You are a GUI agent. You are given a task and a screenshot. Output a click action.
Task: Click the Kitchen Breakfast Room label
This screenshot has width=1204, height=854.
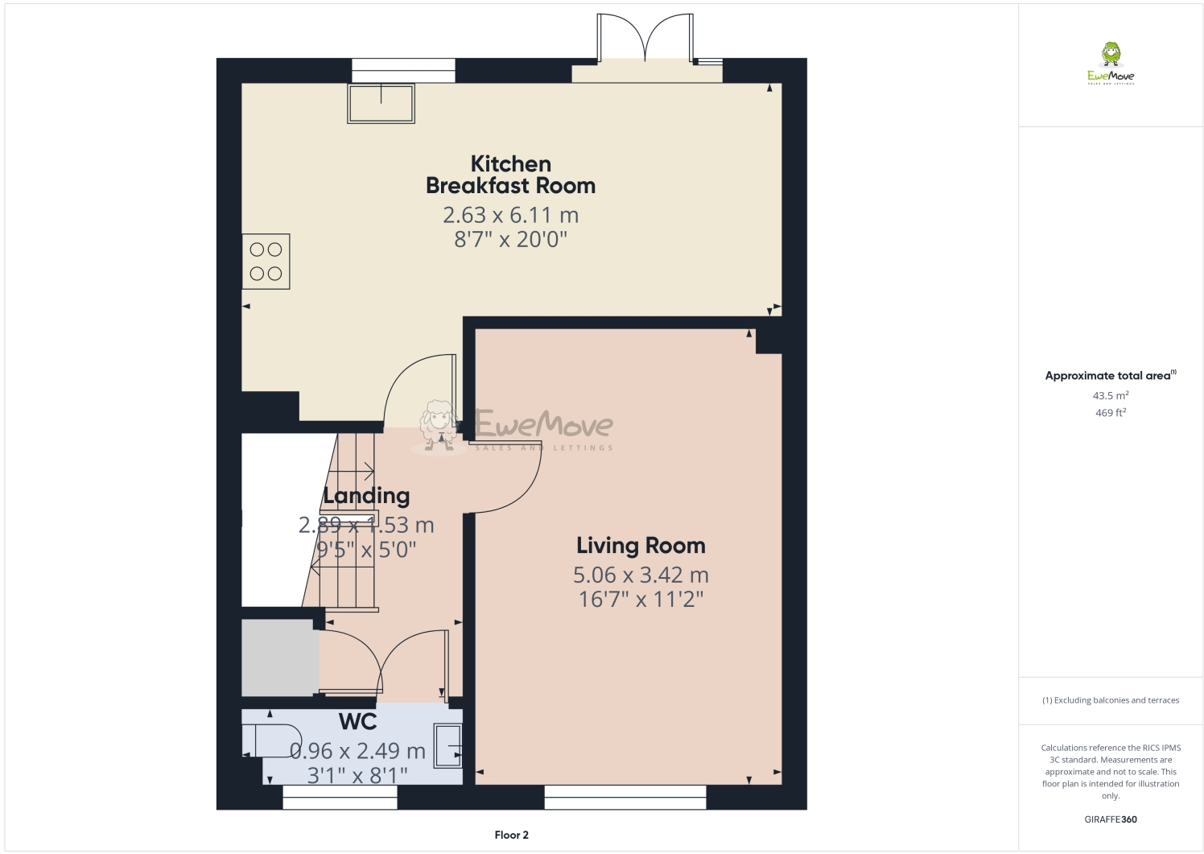(510, 175)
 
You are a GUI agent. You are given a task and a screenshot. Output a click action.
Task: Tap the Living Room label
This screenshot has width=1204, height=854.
(641, 546)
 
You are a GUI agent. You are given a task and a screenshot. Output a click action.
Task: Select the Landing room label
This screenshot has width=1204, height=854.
(366, 496)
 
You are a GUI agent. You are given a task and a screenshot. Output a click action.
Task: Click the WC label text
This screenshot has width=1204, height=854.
(358, 721)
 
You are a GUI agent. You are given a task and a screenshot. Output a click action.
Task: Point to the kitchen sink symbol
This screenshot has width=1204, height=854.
(381, 103)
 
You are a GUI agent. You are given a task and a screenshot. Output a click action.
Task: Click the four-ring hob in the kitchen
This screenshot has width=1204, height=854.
(266, 262)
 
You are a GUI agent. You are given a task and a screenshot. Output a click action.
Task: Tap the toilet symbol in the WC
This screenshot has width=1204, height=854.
(273, 740)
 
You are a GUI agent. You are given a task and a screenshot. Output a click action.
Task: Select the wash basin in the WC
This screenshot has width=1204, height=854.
(448, 745)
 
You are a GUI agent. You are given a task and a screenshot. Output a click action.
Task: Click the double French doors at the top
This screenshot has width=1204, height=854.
(645, 40)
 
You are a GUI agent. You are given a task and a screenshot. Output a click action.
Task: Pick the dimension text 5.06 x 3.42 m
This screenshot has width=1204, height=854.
(641, 575)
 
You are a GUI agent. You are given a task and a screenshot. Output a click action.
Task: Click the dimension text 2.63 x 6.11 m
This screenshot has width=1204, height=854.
(510, 215)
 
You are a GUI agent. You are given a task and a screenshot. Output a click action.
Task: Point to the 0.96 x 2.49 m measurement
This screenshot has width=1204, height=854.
(357, 751)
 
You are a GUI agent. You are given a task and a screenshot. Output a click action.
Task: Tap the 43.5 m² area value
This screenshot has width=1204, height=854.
(1111, 396)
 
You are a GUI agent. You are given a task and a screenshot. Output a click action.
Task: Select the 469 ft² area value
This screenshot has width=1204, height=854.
(1111, 413)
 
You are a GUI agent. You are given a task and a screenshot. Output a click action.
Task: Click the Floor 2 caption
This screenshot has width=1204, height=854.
(511, 835)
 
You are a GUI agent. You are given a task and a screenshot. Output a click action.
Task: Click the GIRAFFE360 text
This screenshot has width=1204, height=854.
(1111, 819)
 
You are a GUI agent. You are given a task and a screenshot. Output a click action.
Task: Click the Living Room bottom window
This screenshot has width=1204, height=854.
(625, 797)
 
